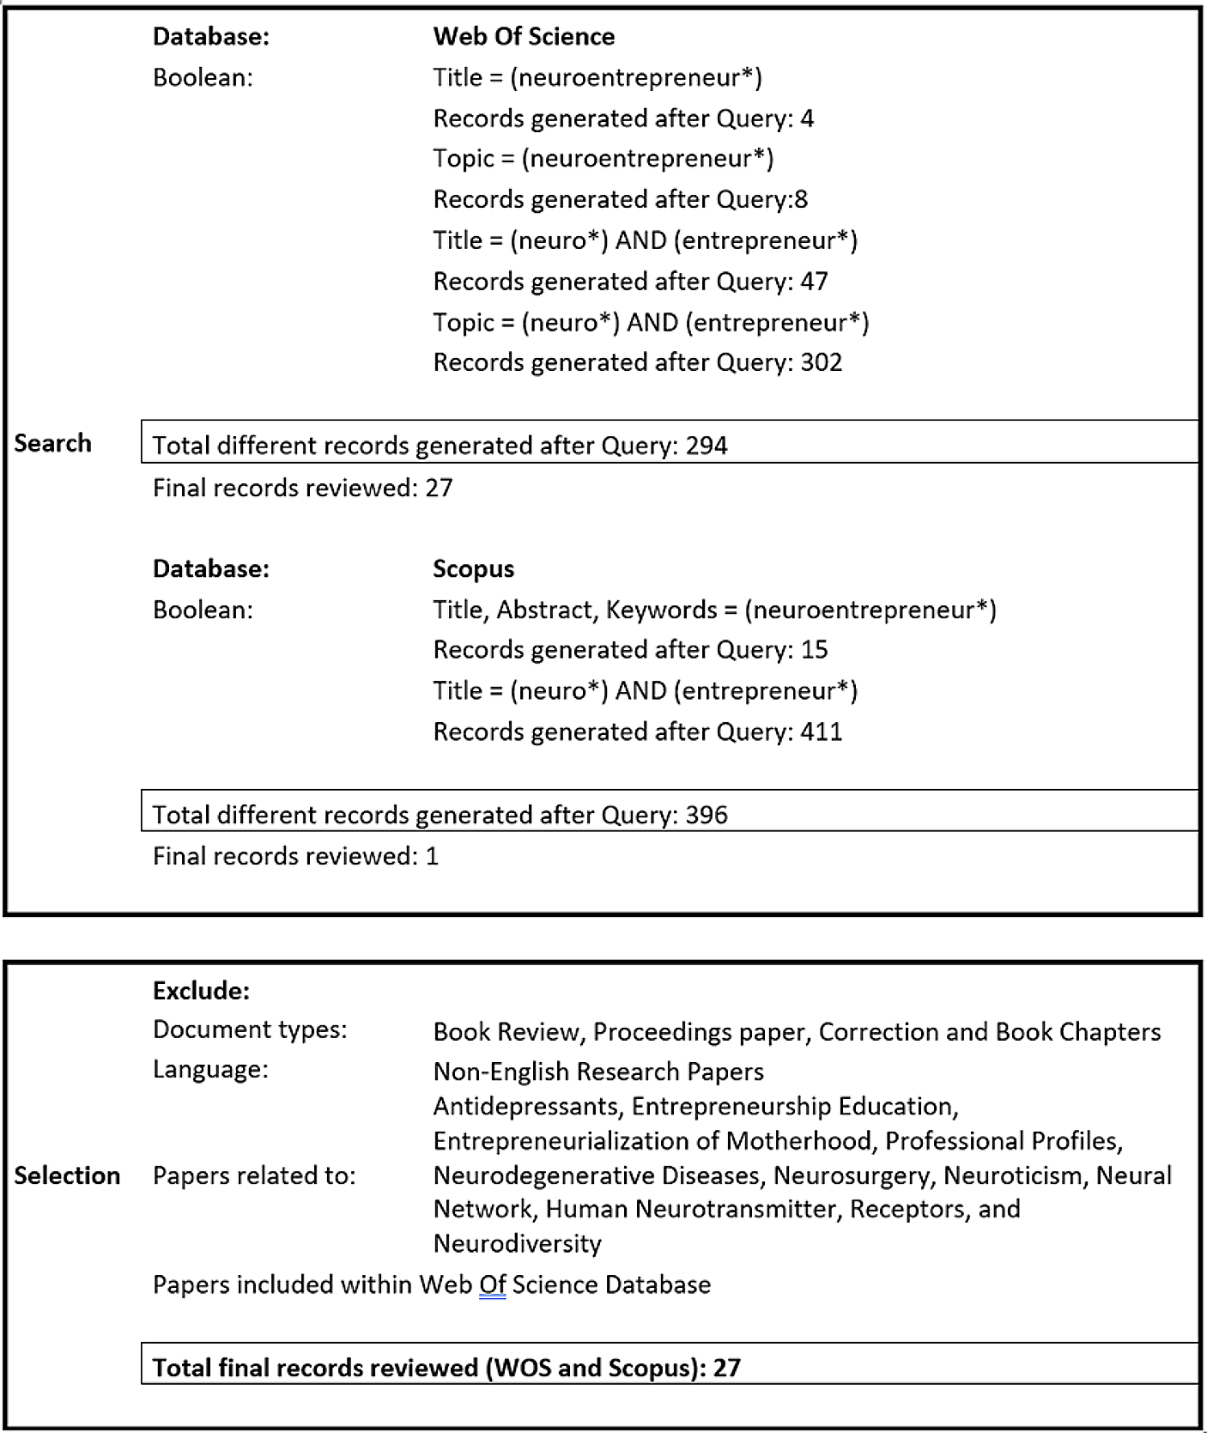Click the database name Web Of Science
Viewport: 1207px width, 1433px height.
point(524,36)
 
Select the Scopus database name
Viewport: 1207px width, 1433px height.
point(473,568)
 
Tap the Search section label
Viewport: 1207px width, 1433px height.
point(52,443)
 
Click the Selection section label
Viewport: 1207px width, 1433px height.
point(67,1175)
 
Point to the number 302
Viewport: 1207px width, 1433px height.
point(821,362)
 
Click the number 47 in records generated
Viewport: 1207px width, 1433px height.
point(814,281)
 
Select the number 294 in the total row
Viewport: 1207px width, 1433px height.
point(706,446)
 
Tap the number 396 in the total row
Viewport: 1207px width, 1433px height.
point(706,815)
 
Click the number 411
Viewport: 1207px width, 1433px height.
point(821,732)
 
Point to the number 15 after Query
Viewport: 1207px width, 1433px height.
point(814,649)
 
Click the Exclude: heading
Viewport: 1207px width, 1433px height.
point(201,991)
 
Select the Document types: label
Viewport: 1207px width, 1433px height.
point(250,1029)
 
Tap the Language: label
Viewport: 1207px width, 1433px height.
point(210,1070)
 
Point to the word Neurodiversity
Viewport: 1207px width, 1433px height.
point(517,1243)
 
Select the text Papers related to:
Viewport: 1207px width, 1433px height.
point(254,1175)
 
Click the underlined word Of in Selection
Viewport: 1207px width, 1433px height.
point(492,1284)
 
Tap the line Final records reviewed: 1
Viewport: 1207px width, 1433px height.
point(295,856)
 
